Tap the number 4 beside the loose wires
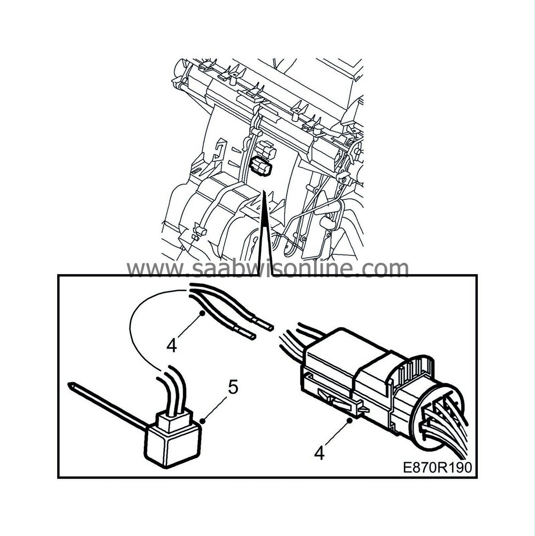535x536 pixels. point(171,345)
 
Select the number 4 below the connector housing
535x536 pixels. point(319,454)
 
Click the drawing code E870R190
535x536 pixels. point(437,467)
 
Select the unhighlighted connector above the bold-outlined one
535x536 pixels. point(266,149)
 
